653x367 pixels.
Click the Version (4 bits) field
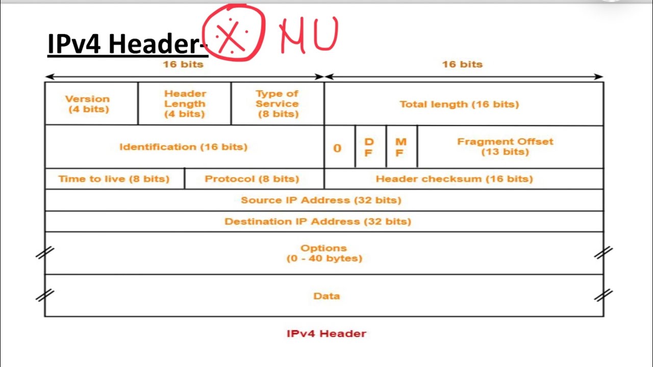tap(87, 103)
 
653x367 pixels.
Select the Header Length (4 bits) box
tap(185, 103)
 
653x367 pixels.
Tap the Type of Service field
tap(277, 103)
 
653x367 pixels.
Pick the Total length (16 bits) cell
tap(459, 104)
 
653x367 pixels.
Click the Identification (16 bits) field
tap(183, 147)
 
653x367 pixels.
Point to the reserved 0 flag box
tap(337, 148)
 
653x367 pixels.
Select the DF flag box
tap(369, 147)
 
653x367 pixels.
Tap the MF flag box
tap(400, 147)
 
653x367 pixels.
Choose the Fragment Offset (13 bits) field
tap(505, 147)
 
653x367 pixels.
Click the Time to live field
tap(114, 179)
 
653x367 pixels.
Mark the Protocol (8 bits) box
tap(252, 179)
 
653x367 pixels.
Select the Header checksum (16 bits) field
tap(454, 179)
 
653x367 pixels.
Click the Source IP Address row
tap(321, 200)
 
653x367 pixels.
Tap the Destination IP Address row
tap(318, 222)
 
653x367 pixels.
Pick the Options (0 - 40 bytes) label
tap(324, 253)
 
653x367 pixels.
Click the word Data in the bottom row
tap(326, 296)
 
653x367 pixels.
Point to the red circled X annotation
tap(233, 34)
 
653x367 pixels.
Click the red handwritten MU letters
tap(309, 36)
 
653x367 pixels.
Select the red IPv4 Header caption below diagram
tap(326, 334)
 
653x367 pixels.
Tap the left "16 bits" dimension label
tap(183, 64)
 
